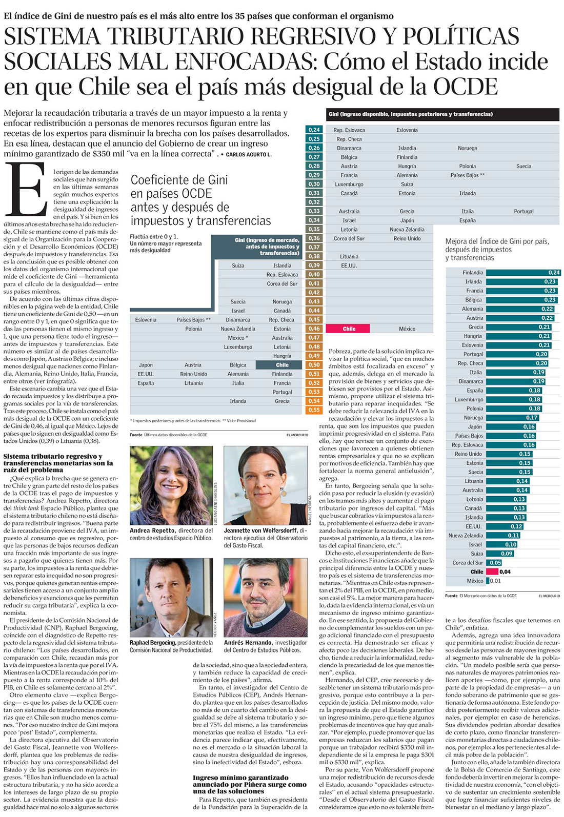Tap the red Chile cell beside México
point(349,329)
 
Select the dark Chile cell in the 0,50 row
point(281,365)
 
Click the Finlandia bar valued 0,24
point(522,273)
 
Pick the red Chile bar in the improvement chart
point(492,571)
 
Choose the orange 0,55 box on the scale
point(314,410)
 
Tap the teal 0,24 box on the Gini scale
point(314,130)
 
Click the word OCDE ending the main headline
point(465,86)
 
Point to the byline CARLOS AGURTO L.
point(249,154)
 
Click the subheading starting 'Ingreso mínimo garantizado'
point(249,784)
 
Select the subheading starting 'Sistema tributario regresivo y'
point(58,463)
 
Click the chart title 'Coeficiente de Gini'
point(179,180)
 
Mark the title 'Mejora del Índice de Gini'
point(496,241)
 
